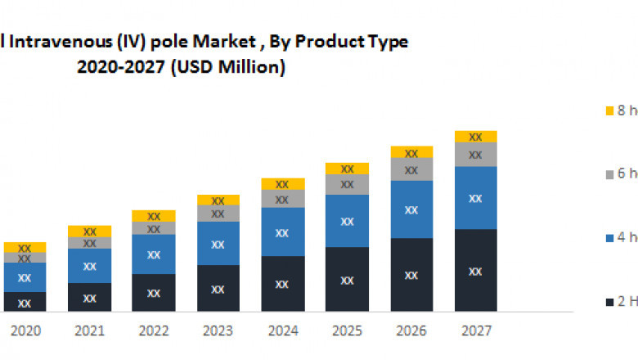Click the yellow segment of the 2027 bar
pyautogui.click(x=476, y=136)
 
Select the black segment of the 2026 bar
pyautogui.click(x=411, y=275)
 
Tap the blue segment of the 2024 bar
pyautogui.click(x=282, y=232)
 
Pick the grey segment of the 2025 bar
pyautogui.click(x=347, y=185)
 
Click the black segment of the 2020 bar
pyautogui.click(x=25, y=302)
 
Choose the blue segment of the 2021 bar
pyautogui.click(x=89, y=266)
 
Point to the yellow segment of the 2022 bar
pyautogui.click(x=154, y=216)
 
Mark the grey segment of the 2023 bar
pyautogui.click(x=218, y=214)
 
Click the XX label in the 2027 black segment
pyautogui.click(x=476, y=270)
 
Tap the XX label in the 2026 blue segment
pyautogui.click(x=411, y=210)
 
